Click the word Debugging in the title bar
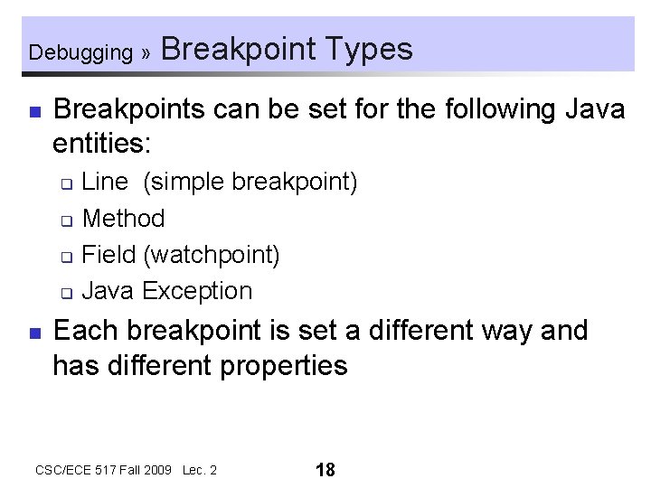point(80,52)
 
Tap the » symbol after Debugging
point(146,52)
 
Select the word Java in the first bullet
point(594,109)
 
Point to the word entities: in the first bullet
point(104,143)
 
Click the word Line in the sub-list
point(105,182)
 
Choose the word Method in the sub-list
point(123,219)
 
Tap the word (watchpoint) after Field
point(211,255)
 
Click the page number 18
point(325,469)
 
